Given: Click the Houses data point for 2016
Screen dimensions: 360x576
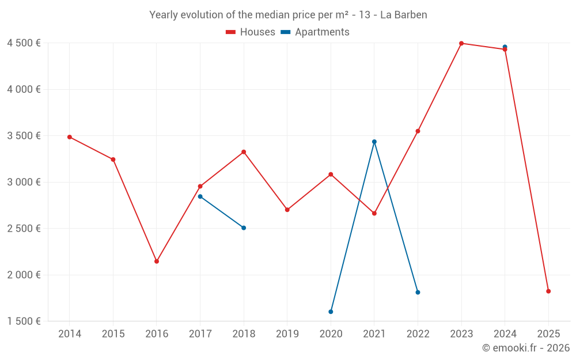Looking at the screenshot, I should point(157,262).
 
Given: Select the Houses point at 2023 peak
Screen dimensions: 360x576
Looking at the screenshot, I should point(461,43).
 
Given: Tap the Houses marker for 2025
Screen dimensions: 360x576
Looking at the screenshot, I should point(548,291).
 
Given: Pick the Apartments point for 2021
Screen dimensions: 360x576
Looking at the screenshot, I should point(374,142).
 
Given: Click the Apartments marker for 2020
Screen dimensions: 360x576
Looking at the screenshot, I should point(331,312).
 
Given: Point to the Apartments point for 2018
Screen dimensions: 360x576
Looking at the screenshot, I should point(244,228).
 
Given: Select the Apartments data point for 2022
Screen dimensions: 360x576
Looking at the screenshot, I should point(418,293).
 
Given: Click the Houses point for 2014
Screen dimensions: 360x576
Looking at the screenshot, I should point(70,137).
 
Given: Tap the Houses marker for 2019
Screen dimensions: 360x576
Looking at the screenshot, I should point(287,210).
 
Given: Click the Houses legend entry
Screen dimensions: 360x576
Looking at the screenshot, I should point(251,32).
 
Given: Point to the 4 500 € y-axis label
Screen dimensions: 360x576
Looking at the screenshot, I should point(24,43).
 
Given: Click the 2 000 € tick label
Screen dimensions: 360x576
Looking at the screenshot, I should point(24,275).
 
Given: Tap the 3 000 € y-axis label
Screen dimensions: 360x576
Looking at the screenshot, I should point(24,182).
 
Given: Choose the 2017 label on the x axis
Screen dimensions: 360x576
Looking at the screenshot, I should point(200,334).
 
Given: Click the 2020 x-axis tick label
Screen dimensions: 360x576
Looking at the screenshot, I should point(331,334).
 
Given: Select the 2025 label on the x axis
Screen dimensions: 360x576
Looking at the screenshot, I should point(548,334).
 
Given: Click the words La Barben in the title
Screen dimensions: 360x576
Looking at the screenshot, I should point(403,15).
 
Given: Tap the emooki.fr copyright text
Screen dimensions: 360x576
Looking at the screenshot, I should point(525,348).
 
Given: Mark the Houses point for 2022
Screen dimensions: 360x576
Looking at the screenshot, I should point(418,131).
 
